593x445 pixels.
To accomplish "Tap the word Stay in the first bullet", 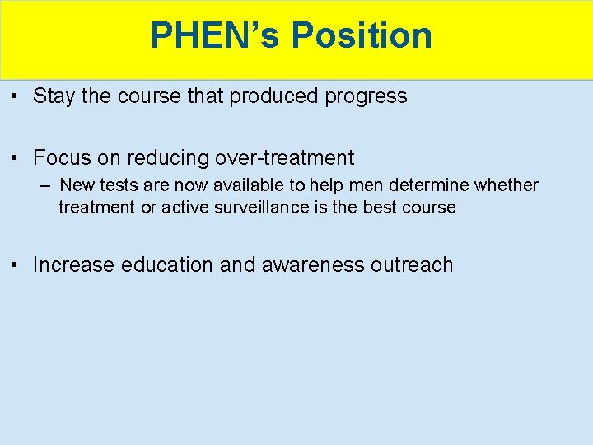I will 54,96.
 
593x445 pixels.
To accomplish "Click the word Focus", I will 62,157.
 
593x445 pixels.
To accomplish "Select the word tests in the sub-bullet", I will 119,185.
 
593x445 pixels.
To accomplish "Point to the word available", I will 240,185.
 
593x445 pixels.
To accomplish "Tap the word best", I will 380,207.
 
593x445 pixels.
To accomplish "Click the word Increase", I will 74,265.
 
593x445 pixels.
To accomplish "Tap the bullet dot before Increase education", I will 16,265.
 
